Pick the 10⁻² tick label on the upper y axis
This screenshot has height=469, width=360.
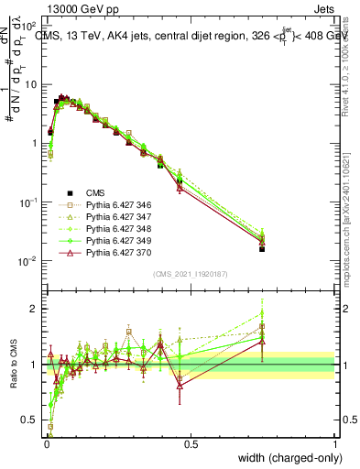tap(27, 261)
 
